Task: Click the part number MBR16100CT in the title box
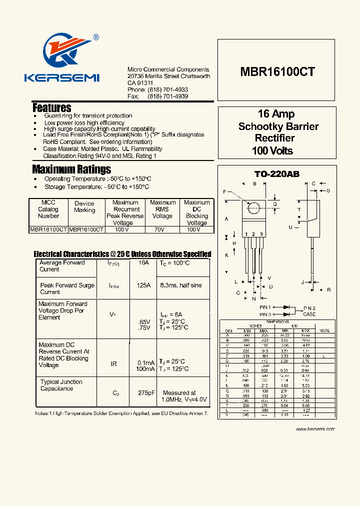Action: [278, 71]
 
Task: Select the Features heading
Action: [52, 107]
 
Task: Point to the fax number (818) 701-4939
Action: [168, 96]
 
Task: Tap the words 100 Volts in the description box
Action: [272, 150]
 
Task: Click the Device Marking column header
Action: [84, 206]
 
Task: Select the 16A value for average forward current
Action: [143, 262]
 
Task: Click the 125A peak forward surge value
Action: [143, 285]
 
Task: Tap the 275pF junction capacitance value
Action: [144, 393]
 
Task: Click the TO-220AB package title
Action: [277, 174]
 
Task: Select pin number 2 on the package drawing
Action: [253, 234]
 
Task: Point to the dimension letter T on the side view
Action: [299, 209]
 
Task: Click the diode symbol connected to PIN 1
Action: [287, 307]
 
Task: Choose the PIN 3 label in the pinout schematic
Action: [265, 314]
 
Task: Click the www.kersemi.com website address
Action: [315, 428]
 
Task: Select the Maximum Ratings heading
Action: [71, 169]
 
